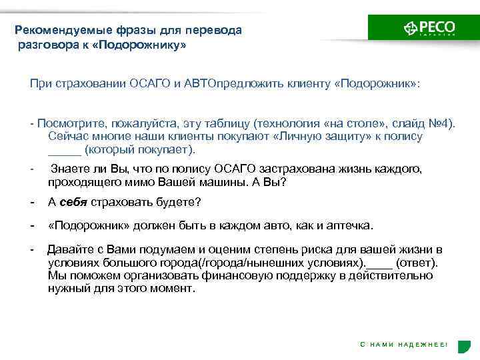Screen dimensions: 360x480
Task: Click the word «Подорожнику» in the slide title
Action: pyautogui.click(x=150, y=45)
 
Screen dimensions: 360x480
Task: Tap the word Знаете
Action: pyautogui.click(x=69, y=169)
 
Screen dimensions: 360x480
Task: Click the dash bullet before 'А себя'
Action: pyautogui.click(x=32, y=202)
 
